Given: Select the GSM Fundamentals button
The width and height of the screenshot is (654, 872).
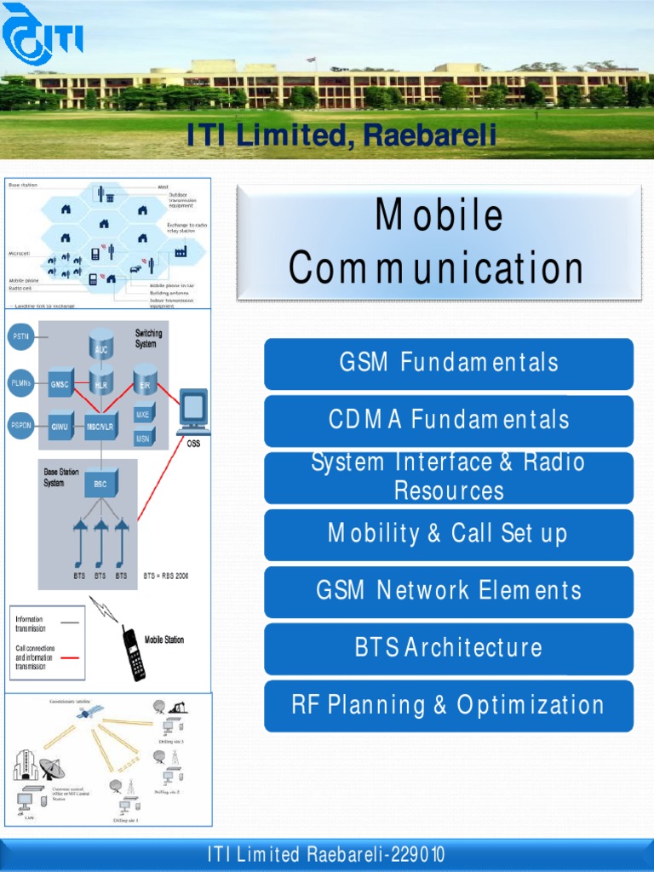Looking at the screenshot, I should tap(449, 363).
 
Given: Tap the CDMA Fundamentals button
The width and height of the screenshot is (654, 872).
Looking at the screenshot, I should tap(449, 420).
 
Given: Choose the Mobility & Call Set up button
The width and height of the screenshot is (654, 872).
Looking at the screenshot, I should tap(449, 534).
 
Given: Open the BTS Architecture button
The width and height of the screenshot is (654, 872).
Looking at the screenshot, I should tap(449, 648).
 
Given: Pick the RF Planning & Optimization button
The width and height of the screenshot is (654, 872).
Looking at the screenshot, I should tap(449, 705).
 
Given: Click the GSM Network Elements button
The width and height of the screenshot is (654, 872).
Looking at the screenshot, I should tap(449, 591).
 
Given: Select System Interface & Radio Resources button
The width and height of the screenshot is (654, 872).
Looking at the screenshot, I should tap(449, 477).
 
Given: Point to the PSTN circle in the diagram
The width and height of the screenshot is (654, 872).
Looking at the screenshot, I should tap(20, 337).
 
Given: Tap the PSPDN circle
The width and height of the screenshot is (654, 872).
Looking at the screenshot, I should tap(20, 425).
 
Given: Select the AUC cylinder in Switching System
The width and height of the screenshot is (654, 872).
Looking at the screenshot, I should tap(101, 345).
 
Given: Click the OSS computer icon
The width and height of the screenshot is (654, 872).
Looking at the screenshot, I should tap(193, 412).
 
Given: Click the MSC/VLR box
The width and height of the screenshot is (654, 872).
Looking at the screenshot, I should tap(100, 425).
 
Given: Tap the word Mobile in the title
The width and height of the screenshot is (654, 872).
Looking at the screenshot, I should tap(439, 216).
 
